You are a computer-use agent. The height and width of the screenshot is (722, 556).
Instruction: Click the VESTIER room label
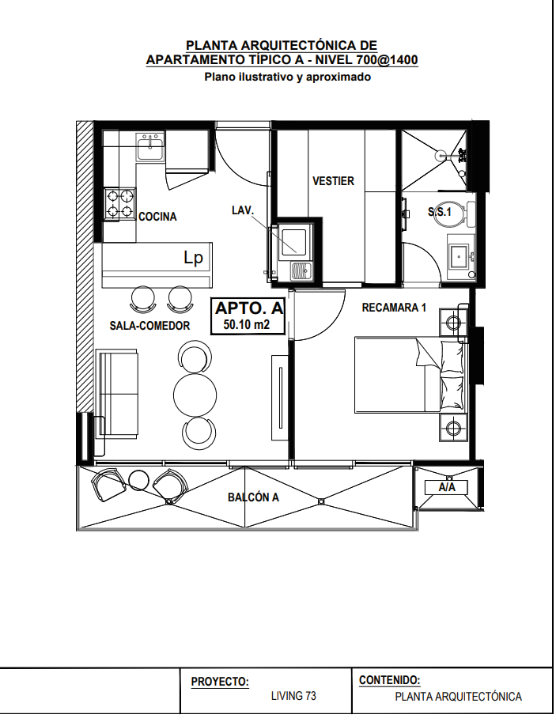coord(333,181)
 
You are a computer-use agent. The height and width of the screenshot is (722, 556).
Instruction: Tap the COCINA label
coord(157,217)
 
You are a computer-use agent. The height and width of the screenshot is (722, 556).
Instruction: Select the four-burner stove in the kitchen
coord(119,204)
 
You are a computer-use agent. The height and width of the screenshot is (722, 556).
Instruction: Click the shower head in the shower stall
coord(441,156)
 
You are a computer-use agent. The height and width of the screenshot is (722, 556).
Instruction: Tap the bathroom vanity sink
coord(460,256)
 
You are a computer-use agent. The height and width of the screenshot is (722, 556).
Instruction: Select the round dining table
coord(195,395)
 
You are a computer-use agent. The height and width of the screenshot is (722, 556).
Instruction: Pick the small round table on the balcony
coord(138,480)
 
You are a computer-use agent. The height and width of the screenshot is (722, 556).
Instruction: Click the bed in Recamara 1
coord(411,374)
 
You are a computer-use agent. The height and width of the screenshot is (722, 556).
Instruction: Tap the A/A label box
coord(446,487)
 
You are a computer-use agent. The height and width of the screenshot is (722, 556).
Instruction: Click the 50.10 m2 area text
coord(247,325)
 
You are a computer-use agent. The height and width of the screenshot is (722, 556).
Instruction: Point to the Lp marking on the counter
coord(193,258)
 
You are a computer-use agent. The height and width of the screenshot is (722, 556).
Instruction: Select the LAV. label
coord(243,210)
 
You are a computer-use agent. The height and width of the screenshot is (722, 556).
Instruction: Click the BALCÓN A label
coord(253,497)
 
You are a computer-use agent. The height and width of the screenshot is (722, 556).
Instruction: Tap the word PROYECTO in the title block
coord(220,682)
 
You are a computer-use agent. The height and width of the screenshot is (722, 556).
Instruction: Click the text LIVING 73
coord(293,696)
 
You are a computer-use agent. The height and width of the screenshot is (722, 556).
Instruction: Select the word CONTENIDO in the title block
coord(389,680)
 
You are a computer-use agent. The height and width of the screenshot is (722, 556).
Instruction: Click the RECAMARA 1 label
coord(394,308)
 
